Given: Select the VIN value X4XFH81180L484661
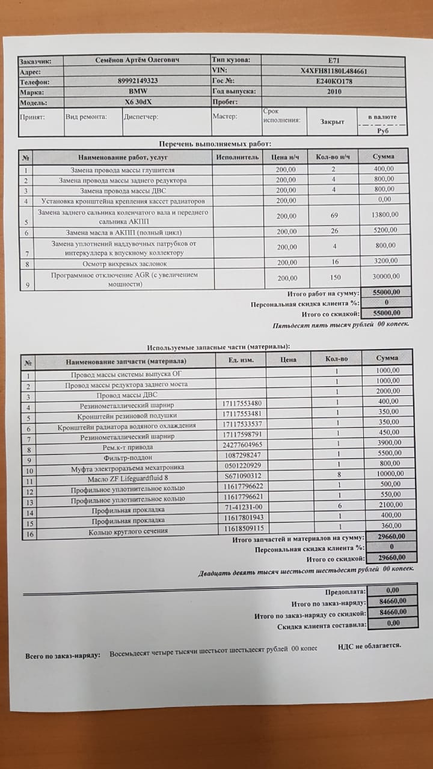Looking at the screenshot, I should (334, 70).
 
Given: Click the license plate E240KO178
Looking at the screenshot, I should (334, 81).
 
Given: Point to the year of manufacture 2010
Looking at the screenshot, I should (334, 91).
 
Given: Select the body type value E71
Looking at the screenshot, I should (334, 60).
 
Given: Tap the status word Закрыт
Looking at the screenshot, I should (332, 121).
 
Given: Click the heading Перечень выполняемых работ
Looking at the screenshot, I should (215, 144).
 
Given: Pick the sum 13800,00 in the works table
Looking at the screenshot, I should (385, 216).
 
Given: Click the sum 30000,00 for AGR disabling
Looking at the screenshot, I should (386, 276).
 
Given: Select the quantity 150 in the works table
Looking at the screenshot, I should (335, 278).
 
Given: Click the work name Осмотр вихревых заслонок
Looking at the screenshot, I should (123, 263).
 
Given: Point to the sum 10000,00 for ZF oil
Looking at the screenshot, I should (387, 474).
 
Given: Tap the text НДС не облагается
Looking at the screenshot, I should (369, 646).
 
